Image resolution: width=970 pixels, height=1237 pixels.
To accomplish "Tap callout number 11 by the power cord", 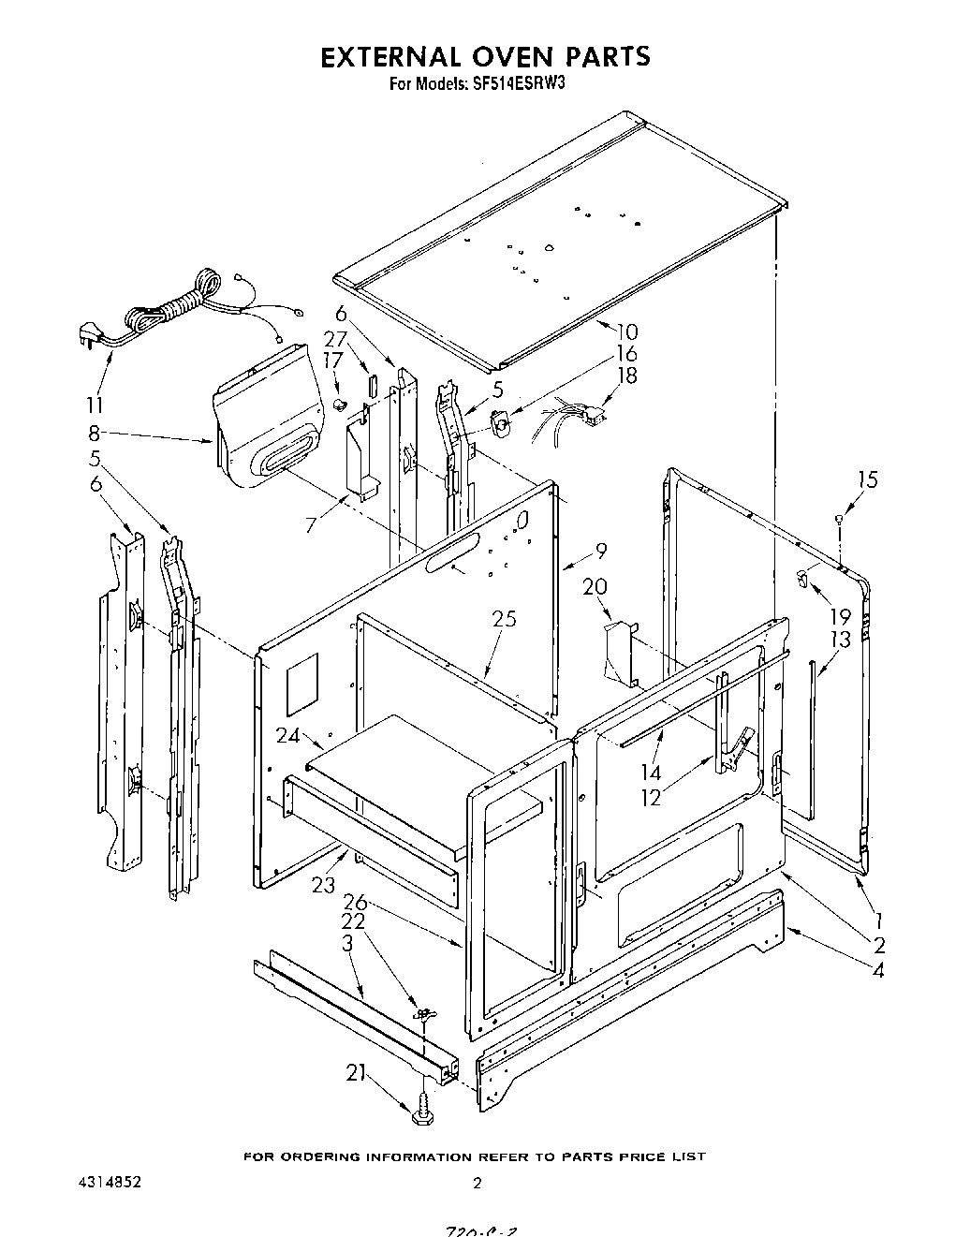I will tap(94, 405).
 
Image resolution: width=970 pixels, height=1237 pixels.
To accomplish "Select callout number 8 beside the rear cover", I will tap(95, 433).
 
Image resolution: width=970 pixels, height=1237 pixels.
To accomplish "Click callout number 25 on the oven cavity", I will tap(504, 619).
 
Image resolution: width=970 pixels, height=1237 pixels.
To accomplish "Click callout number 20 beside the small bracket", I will tap(595, 587).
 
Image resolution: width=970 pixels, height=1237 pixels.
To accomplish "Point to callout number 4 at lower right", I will tap(877, 970).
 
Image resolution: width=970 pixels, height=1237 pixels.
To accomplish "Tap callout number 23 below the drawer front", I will tap(324, 883).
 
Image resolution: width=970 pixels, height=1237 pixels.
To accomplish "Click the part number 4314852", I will tap(110, 1183).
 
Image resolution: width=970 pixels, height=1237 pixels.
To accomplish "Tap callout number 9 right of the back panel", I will tap(600, 551).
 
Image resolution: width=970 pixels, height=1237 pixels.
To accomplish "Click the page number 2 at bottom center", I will tap(477, 1184).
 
